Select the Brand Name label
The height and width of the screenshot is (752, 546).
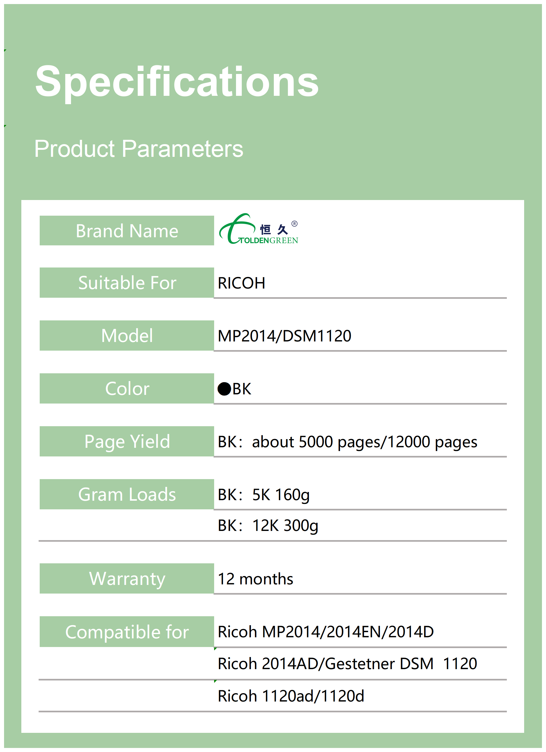(127, 231)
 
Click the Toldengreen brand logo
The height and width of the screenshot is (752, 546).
(258, 229)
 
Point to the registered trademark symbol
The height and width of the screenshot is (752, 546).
(295, 223)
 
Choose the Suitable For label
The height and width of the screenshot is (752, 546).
(127, 283)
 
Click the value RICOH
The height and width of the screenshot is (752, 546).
(241, 283)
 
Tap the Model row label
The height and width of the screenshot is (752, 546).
(127, 336)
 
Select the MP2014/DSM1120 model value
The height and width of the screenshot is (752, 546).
(285, 336)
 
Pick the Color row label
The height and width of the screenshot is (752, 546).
(127, 389)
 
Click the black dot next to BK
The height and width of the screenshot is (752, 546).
(224, 389)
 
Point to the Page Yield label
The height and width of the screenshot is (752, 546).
(127, 442)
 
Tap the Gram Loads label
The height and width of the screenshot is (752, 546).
(127, 494)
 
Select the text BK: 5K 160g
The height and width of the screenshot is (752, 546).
(264, 495)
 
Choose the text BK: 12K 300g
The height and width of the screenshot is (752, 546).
(268, 526)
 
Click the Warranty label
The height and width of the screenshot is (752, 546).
(127, 579)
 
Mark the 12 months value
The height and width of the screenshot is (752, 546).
(255, 579)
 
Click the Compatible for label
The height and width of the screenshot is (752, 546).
(127, 632)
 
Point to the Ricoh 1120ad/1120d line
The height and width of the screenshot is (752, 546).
(291, 696)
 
